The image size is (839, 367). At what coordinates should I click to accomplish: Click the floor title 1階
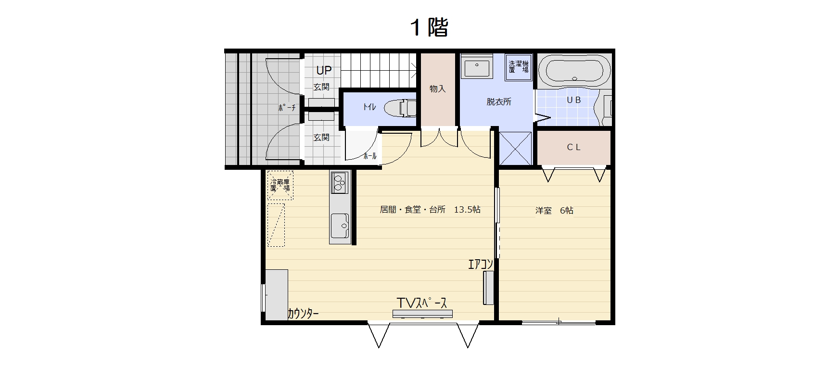pos(429,27)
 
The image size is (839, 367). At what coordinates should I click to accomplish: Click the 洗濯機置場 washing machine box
pos(519,67)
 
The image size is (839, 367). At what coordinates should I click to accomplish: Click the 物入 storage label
pos(437,89)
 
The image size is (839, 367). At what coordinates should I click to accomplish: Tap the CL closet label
pos(573,147)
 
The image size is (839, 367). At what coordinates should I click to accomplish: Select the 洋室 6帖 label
pos(554,211)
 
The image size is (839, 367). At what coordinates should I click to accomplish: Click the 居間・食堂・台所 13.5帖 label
pos(430,210)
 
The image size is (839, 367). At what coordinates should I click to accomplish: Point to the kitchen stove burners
pos(339,182)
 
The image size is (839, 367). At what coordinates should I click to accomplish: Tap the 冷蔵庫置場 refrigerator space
pos(280,185)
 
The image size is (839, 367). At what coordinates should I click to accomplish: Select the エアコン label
pos(481,264)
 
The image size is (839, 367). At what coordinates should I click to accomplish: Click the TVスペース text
pos(422,303)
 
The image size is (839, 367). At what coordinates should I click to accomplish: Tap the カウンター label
pos(303,314)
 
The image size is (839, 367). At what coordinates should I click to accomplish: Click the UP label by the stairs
pos(324,70)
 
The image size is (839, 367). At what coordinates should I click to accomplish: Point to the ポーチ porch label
pos(287,108)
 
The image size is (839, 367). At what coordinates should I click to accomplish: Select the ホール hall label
pos(370,156)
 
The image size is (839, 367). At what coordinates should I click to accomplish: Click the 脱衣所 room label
pos(499,102)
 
